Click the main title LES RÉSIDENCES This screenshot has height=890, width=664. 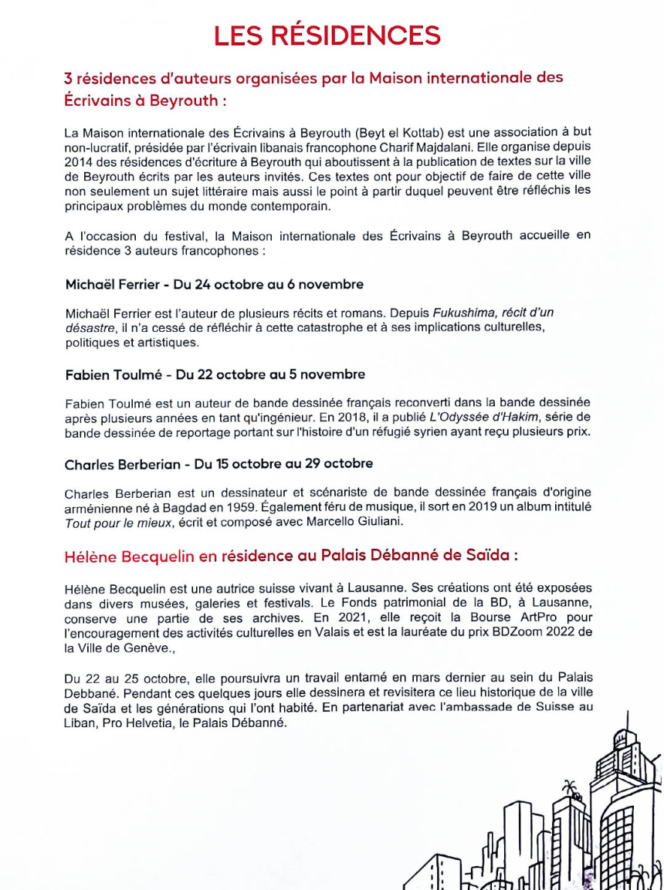(x=327, y=35)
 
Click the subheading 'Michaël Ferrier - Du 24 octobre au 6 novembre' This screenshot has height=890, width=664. (x=214, y=285)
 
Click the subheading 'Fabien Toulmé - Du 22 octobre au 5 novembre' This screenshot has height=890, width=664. (x=215, y=374)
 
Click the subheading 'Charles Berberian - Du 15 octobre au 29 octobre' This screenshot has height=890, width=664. (x=219, y=464)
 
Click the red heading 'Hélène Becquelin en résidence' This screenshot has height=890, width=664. (x=291, y=556)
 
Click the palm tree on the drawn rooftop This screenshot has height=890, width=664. (x=570, y=788)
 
